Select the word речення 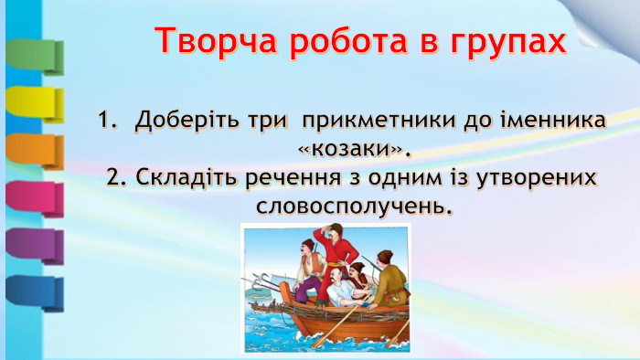click(289, 176)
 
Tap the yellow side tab click(34, 103)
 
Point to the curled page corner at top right click(610, 23)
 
